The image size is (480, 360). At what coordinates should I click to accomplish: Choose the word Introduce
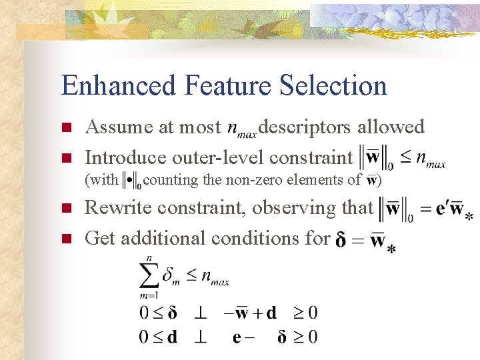point(125,157)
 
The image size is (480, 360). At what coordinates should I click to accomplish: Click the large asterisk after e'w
point(469,217)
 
